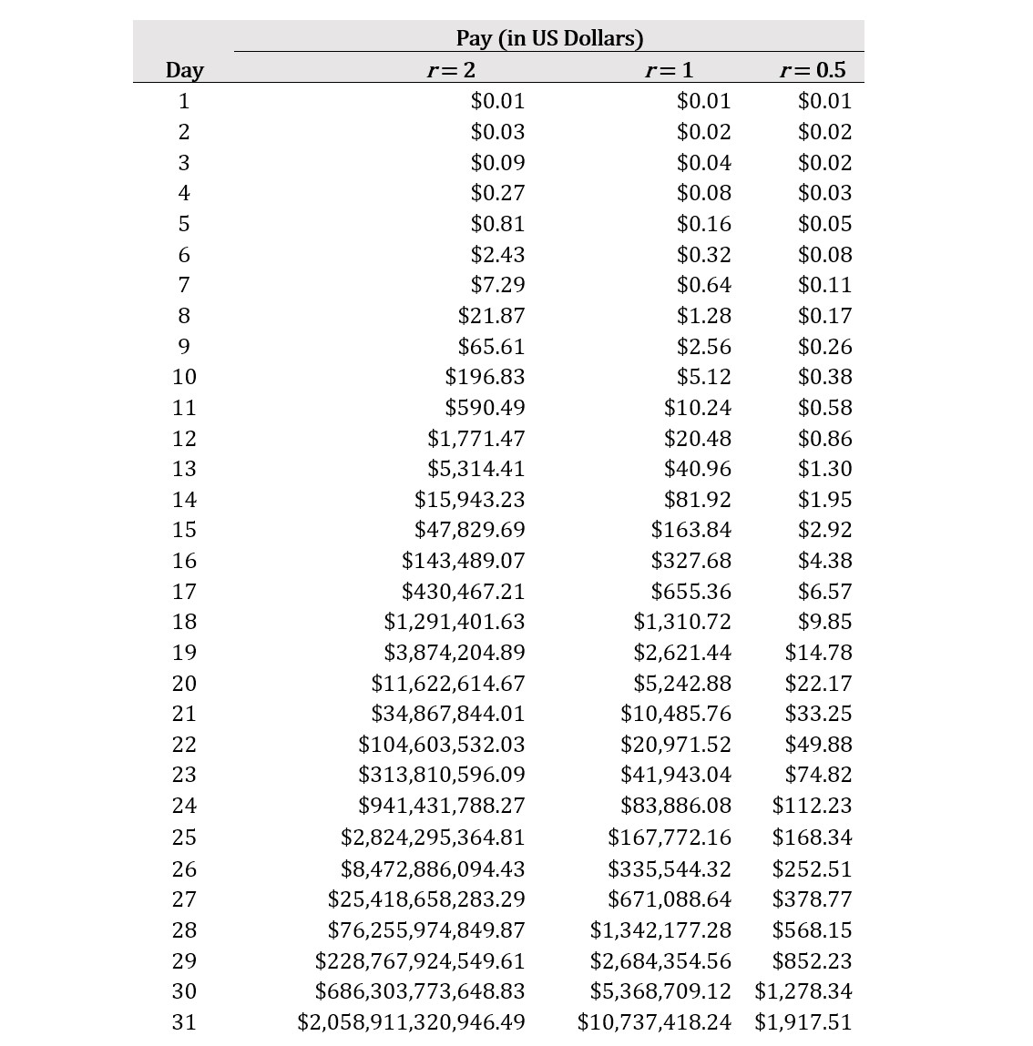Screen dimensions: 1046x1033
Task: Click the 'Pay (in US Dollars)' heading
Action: (549, 38)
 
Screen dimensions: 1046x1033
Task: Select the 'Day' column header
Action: (184, 70)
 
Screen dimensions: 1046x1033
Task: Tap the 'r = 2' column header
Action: (451, 70)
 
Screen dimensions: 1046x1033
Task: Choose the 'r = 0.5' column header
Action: (813, 70)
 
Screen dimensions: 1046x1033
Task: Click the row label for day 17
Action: (184, 592)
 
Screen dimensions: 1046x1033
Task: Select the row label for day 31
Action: (184, 1022)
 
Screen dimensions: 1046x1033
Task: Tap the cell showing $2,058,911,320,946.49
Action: (411, 1022)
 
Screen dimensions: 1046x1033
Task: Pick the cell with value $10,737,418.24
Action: (654, 1022)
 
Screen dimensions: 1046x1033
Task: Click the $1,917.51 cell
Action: (803, 1022)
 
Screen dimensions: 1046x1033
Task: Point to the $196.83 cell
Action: (485, 377)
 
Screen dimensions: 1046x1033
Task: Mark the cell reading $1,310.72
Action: (682, 622)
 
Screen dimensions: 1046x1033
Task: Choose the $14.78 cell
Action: (818, 653)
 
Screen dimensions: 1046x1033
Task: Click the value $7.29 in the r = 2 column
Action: (497, 285)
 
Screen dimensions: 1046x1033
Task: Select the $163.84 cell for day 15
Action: (690, 530)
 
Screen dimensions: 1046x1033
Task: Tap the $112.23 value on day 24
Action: (812, 806)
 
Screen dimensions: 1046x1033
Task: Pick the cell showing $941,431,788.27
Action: (442, 806)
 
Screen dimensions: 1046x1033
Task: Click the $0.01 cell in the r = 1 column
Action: (703, 101)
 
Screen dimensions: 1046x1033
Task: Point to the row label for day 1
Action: (184, 101)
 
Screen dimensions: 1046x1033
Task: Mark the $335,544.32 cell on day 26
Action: (669, 869)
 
